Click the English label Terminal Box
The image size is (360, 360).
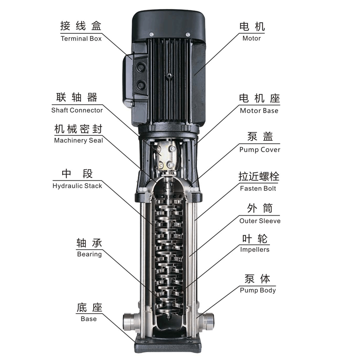tap(81, 39)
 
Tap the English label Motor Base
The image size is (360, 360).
tap(259, 111)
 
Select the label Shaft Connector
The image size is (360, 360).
tap(77, 110)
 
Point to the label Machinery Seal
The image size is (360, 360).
tap(78, 140)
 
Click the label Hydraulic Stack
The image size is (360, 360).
tap(77, 186)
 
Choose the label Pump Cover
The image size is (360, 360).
tap(260, 150)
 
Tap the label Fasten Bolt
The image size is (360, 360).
tap(258, 189)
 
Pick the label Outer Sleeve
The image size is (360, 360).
tap(260, 221)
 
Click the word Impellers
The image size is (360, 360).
tap(255, 250)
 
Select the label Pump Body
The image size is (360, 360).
tap(257, 290)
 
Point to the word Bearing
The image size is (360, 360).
tap(89, 254)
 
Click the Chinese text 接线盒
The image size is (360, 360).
tap(81, 26)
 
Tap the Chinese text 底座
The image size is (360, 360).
tap(89, 308)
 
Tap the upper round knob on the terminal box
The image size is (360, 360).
tap(140, 67)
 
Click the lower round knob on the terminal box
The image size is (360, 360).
tap(140, 86)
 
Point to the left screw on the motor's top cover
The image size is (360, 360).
tap(151, 34)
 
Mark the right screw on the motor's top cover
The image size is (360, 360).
tap(188, 35)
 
